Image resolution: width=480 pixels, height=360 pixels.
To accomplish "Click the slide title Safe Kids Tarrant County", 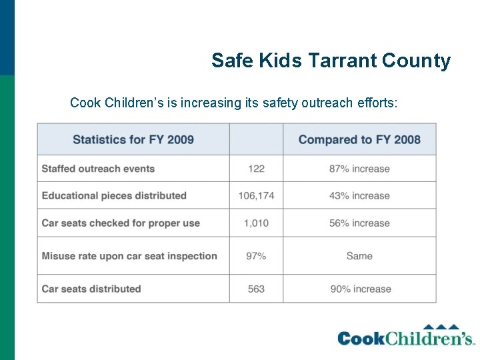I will (x=331, y=61).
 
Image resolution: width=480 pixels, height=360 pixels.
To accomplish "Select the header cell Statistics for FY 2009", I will (x=133, y=139).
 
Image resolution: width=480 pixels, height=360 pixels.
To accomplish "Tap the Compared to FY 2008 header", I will (x=359, y=139).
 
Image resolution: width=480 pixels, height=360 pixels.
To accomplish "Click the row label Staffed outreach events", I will (x=98, y=169).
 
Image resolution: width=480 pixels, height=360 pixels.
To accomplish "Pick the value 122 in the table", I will (x=256, y=169).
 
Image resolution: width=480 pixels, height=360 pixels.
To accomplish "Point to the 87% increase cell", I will (x=359, y=169).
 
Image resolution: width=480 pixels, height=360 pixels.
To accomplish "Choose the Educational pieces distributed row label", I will (x=114, y=195).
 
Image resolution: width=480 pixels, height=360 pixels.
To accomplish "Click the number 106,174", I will (x=256, y=195).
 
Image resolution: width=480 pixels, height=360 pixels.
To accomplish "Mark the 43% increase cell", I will (x=359, y=195).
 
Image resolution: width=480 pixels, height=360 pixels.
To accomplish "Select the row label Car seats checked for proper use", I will (x=121, y=223).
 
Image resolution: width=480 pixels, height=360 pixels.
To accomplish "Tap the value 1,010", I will (x=256, y=223).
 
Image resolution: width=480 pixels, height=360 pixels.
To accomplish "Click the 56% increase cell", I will (x=359, y=223).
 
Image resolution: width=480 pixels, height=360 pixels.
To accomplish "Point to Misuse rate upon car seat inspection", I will (x=129, y=255).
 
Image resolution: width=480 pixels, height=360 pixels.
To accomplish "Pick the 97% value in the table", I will (x=256, y=255).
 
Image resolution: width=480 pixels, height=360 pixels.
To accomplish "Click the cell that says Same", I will (x=359, y=255).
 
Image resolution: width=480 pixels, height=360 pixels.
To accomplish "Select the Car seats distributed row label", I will (x=91, y=289).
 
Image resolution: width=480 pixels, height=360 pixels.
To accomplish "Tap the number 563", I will (x=256, y=289).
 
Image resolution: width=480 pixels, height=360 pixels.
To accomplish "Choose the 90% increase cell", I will (x=359, y=289).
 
